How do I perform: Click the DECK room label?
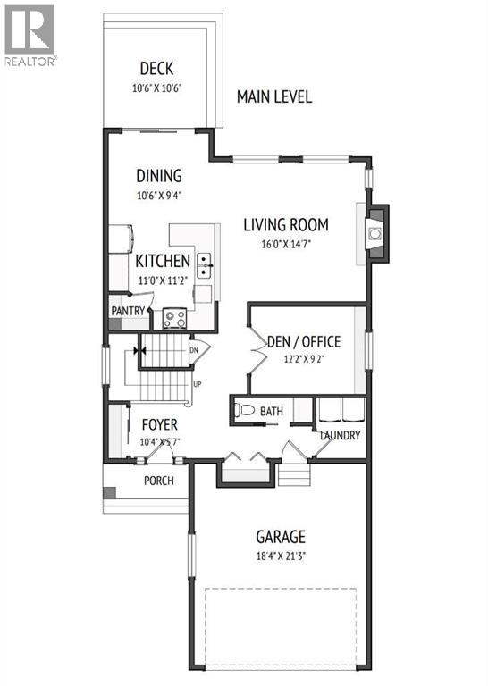(x=156, y=69)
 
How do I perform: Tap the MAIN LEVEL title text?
(x=274, y=96)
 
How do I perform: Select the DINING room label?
(x=159, y=176)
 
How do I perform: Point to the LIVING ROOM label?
(x=286, y=225)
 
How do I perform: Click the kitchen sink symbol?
(x=205, y=262)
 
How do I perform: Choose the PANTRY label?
(x=128, y=310)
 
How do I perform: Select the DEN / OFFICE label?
(x=304, y=341)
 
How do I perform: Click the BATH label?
(x=272, y=412)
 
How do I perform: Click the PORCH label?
(x=159, y=481)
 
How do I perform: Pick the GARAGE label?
(x=281, y=537)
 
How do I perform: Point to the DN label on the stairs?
(x=194, y=350)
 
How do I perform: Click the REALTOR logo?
(x=29, y=34)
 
